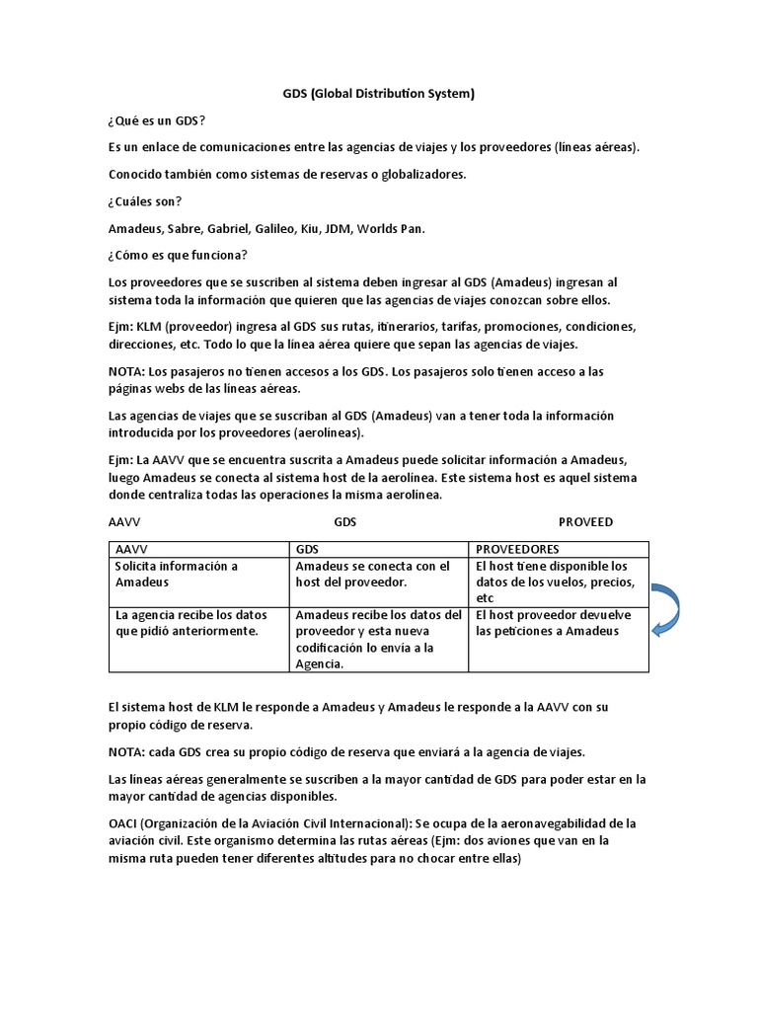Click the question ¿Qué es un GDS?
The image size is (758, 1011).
(x=157, y=120)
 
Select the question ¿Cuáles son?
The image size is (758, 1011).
(x=145, y=201)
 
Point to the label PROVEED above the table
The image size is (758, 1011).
(x=585, y=521)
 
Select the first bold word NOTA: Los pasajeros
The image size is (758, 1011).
(x=125, y=371)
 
